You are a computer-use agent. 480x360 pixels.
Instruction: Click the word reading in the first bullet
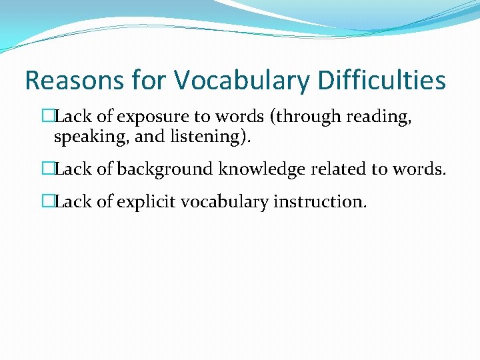[377, 117]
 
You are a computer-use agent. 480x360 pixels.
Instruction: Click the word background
[165, 169]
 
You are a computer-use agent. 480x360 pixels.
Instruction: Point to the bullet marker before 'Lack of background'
[47, 169]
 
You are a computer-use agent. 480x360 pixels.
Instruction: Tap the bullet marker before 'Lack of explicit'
[47, 201]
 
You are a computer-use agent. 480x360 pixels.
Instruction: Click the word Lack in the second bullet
[73, 169]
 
